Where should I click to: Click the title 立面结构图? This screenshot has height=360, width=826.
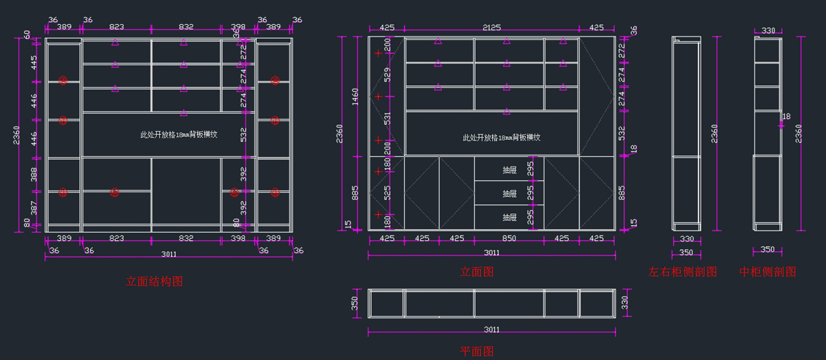click(154, 282)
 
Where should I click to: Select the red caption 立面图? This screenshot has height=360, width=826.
click(477, 273)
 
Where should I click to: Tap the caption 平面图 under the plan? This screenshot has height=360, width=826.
click(477, 352)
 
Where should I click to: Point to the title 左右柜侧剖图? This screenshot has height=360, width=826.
click(683, 273)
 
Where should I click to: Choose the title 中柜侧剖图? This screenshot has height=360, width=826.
click(767, 273)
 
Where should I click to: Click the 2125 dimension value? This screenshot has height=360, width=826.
click(491, 28)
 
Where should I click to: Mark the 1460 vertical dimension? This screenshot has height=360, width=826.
click(356, 96)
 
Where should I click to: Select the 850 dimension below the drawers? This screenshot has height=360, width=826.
click(509, 239)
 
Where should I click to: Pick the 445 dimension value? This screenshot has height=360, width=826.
click(34, 63)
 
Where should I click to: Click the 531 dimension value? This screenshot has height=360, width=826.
click(387, 118)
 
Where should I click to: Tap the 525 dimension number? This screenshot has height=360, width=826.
click(387, 193)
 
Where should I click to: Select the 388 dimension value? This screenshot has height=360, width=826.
click(34, 175)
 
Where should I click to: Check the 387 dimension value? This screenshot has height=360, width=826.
click(34, 207)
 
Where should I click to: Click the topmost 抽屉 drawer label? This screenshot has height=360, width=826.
click(509, 169)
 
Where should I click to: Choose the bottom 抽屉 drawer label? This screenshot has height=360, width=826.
click(509, 218)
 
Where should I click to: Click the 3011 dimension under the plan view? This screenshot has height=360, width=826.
click(491, 330)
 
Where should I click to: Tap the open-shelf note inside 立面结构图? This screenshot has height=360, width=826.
click(179, 136)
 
